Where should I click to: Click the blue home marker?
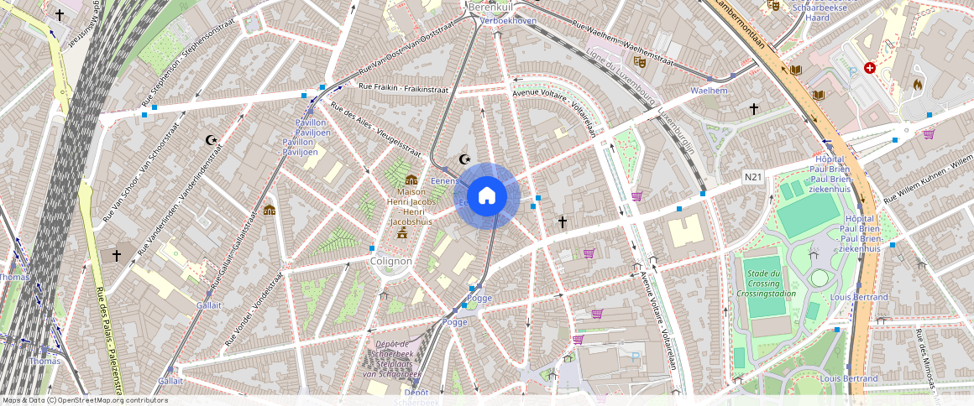486,196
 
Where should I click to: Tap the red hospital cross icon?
869,67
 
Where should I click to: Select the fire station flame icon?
917,84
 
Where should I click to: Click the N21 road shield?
753,177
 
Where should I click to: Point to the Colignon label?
391,261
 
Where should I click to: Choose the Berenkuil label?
490,7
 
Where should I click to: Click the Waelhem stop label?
708,90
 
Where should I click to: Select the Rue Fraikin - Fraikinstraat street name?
403,87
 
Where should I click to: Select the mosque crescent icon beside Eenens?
463,159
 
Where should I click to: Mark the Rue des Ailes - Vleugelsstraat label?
375,128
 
